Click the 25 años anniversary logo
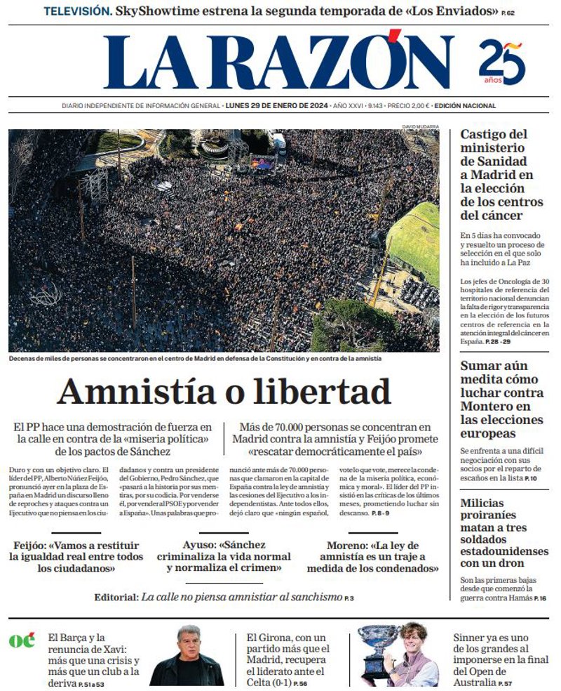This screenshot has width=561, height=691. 502,63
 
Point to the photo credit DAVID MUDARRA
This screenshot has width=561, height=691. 420,126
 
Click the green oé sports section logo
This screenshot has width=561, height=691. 21,640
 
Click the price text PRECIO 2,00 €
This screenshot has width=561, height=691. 408,106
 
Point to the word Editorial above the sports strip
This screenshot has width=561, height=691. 116,598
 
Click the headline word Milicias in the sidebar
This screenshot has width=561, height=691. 482,503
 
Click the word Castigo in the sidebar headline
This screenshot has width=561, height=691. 485,134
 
